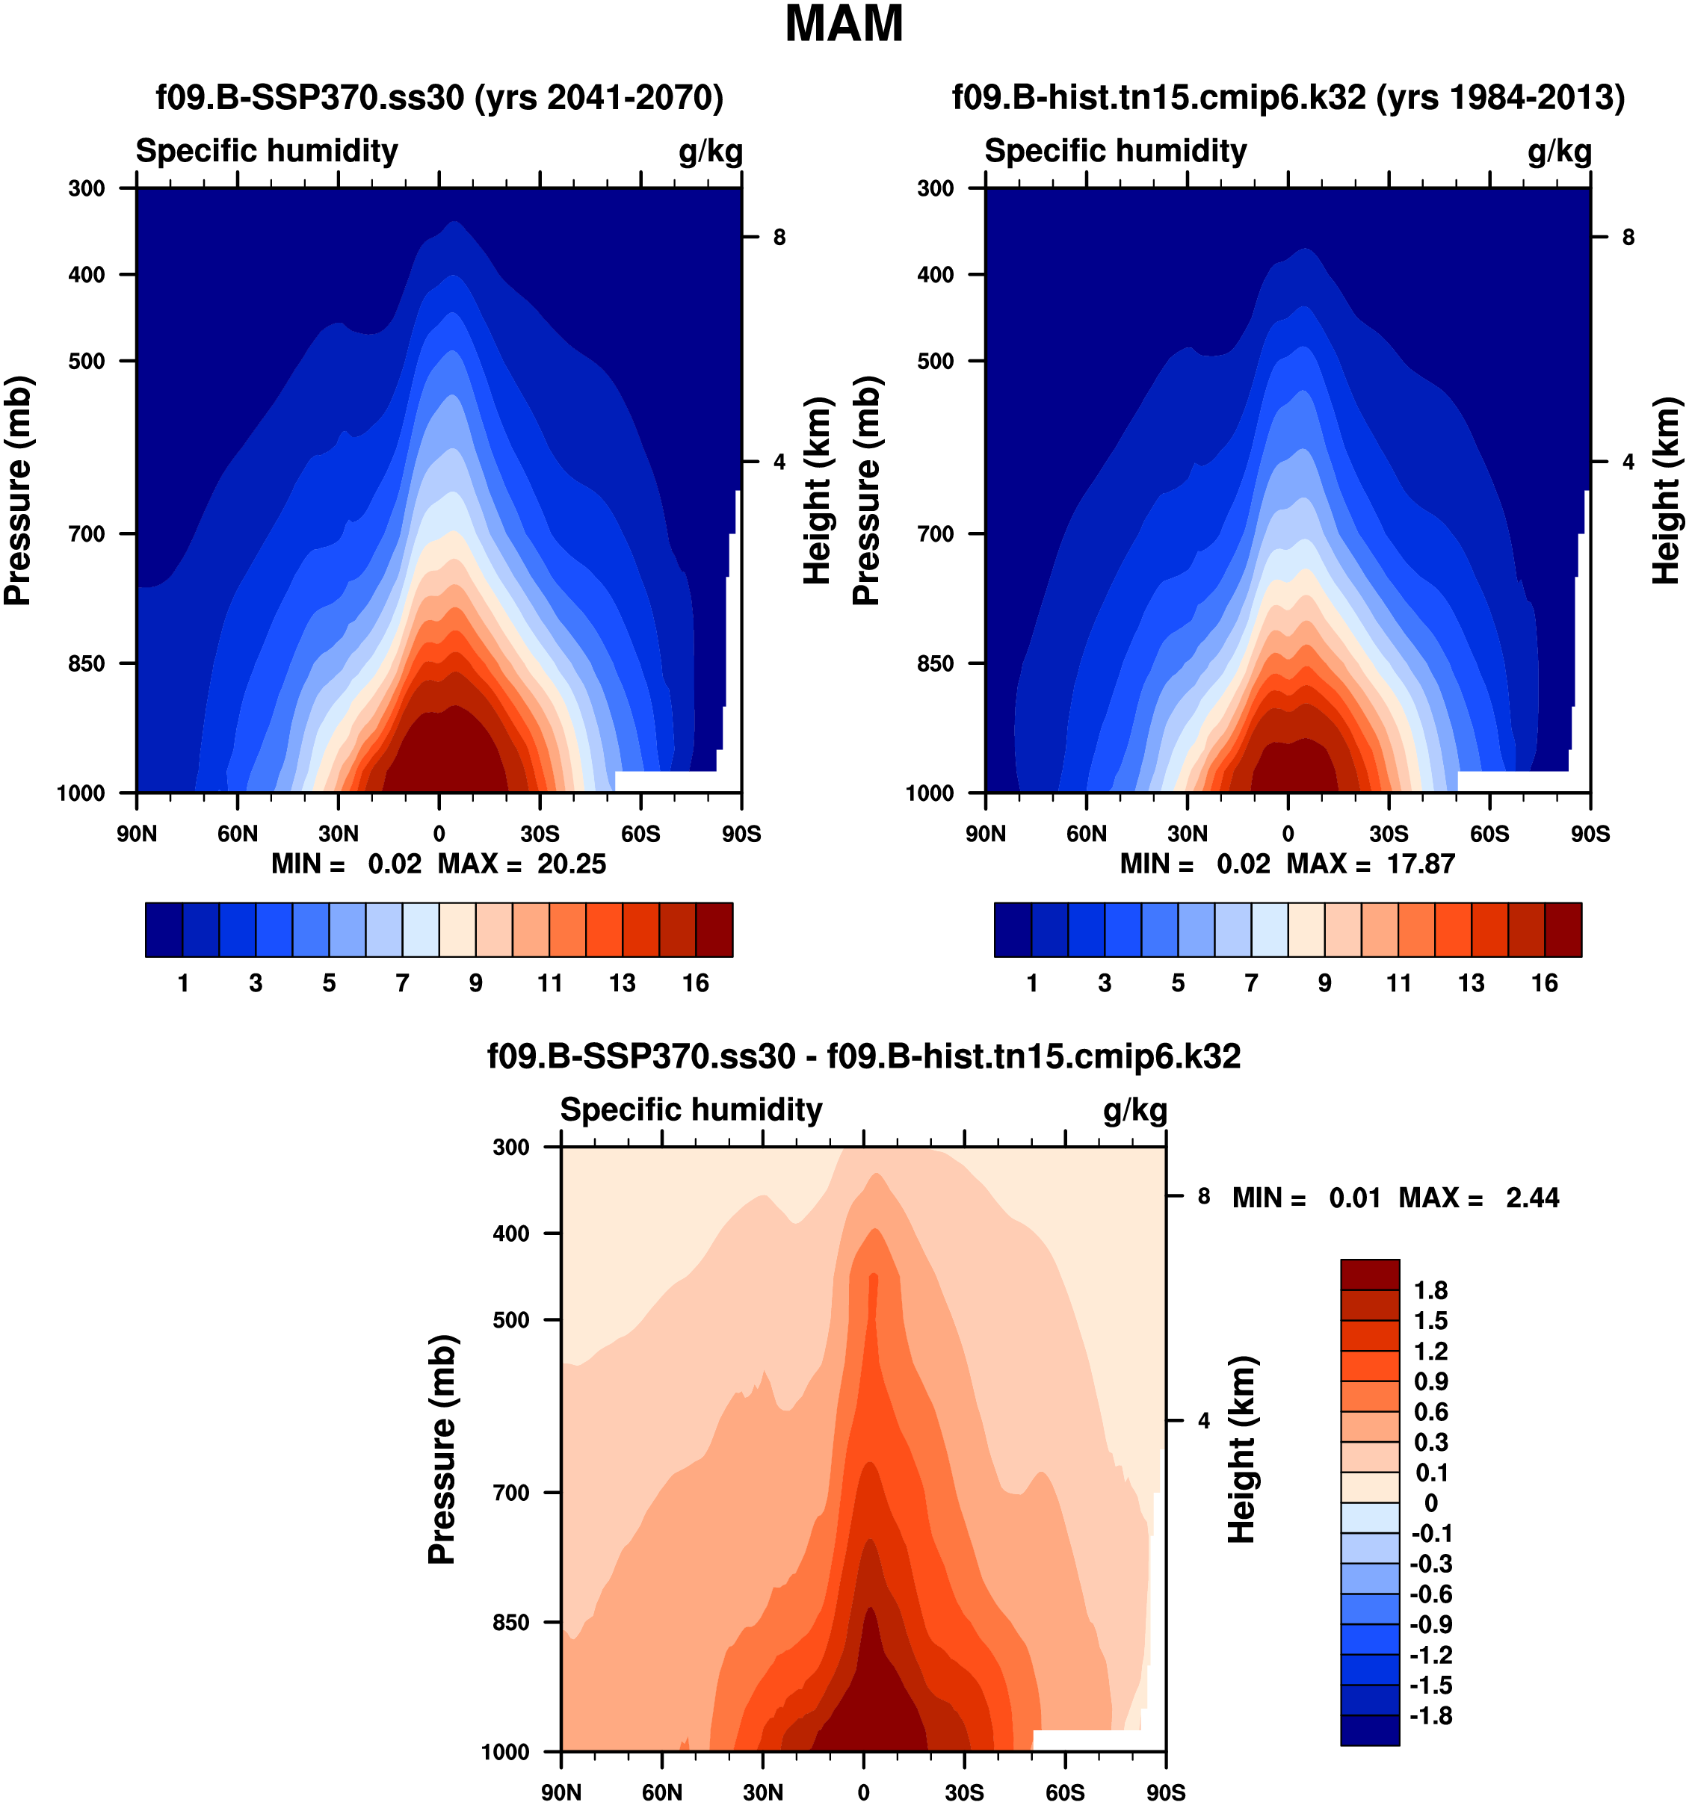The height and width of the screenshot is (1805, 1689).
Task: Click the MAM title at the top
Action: click(x=844, y=25)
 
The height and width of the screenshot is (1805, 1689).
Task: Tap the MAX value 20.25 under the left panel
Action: click(x=571, y=864)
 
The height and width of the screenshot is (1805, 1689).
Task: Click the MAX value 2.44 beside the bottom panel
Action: click(x=1533, y=1198)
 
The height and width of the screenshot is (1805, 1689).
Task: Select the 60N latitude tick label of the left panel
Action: click(x=237, y=834)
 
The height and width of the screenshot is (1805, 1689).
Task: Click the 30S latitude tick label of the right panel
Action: click(x=1389, y=834)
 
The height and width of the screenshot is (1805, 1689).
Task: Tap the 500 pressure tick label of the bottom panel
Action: click(x=511, y=1319)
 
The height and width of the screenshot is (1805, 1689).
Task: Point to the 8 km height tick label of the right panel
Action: click(x=1628, y=238)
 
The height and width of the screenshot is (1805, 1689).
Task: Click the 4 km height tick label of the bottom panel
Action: click(x=1204, y=1421)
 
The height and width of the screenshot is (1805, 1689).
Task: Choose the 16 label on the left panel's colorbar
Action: click(x=696, y=983)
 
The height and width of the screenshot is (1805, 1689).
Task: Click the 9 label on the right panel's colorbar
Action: click(x=1325, y=983)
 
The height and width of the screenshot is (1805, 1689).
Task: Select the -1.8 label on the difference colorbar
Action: click(x=1431, y=1716)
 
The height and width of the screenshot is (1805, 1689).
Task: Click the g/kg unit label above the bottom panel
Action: click(x=1135, y=1109)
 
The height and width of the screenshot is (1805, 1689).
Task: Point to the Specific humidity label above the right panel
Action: click(x=1115, y=151)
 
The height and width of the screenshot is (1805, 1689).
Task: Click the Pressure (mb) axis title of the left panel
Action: click(x=18, y=490)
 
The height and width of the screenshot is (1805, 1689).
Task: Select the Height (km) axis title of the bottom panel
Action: click(x=1241, y=1449)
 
